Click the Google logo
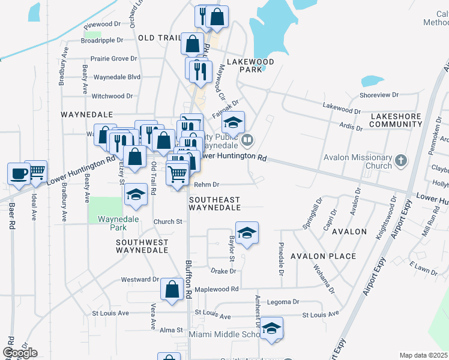(x=20, y=352)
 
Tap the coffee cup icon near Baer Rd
(x=19, y=173)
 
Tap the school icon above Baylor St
(x=246, y=233)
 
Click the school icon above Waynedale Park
(x=136, y=195)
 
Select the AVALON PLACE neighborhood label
(x=323, y=256)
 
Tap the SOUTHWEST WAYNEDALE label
(x=142, y=246)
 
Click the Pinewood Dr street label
(x=103, y=25)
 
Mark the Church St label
(x=167, y=221)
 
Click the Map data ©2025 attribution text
(x=423, y=355)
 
